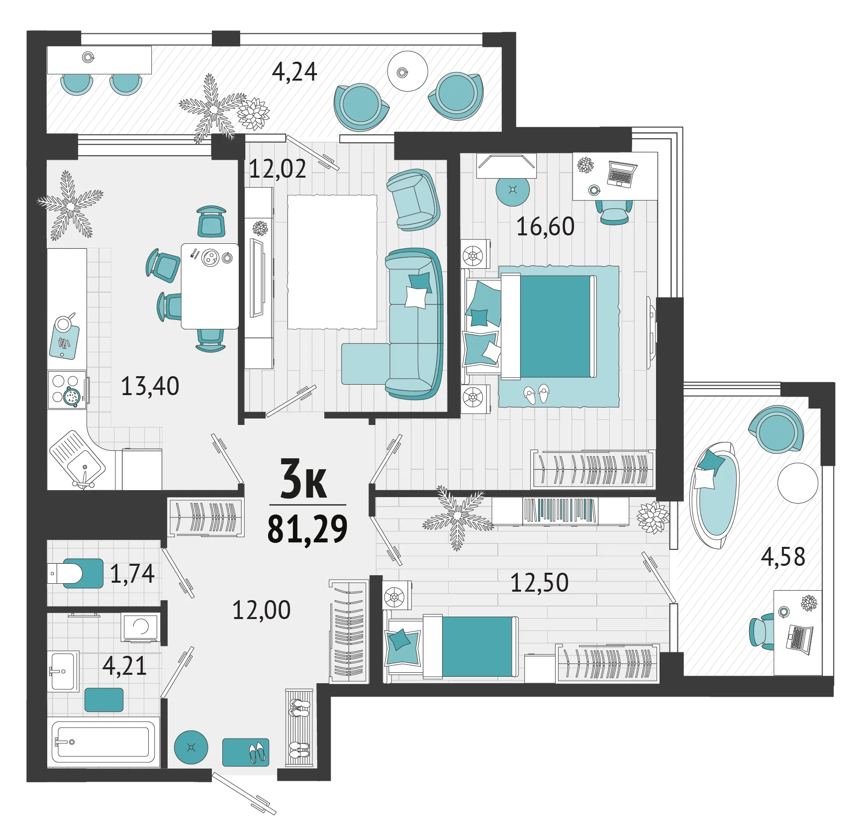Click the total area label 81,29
point(307,528)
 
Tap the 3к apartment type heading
point(303,479)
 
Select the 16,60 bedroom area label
point(545,226)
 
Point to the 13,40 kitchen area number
point(150,386)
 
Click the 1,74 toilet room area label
point(132,573)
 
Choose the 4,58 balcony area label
point(783,556)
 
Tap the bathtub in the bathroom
point(103,741)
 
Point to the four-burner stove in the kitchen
point(68,390)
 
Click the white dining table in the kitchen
point(210,286)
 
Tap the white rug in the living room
point(332,262)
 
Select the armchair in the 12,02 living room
point(413,200)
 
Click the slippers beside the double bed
point(537,394)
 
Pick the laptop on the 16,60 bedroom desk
point(621,174)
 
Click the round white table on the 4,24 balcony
point(407,71)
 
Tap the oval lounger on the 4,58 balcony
point(714,495)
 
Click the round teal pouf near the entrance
point(191,747)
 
